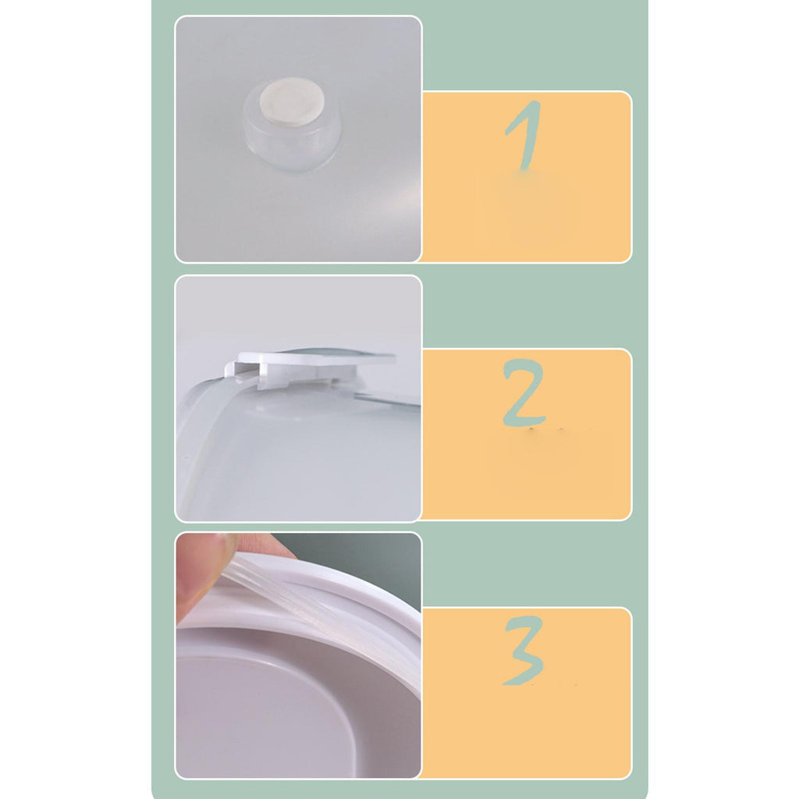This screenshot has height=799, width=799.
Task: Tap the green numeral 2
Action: (524, 392)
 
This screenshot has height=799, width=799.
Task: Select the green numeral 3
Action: (524, 650)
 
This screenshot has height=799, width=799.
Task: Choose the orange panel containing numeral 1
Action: (527, 177)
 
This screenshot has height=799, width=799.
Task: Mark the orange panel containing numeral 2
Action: (527, 435)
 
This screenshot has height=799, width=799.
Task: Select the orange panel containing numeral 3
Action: (527, 693)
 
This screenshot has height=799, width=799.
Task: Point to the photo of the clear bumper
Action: (299, 139)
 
